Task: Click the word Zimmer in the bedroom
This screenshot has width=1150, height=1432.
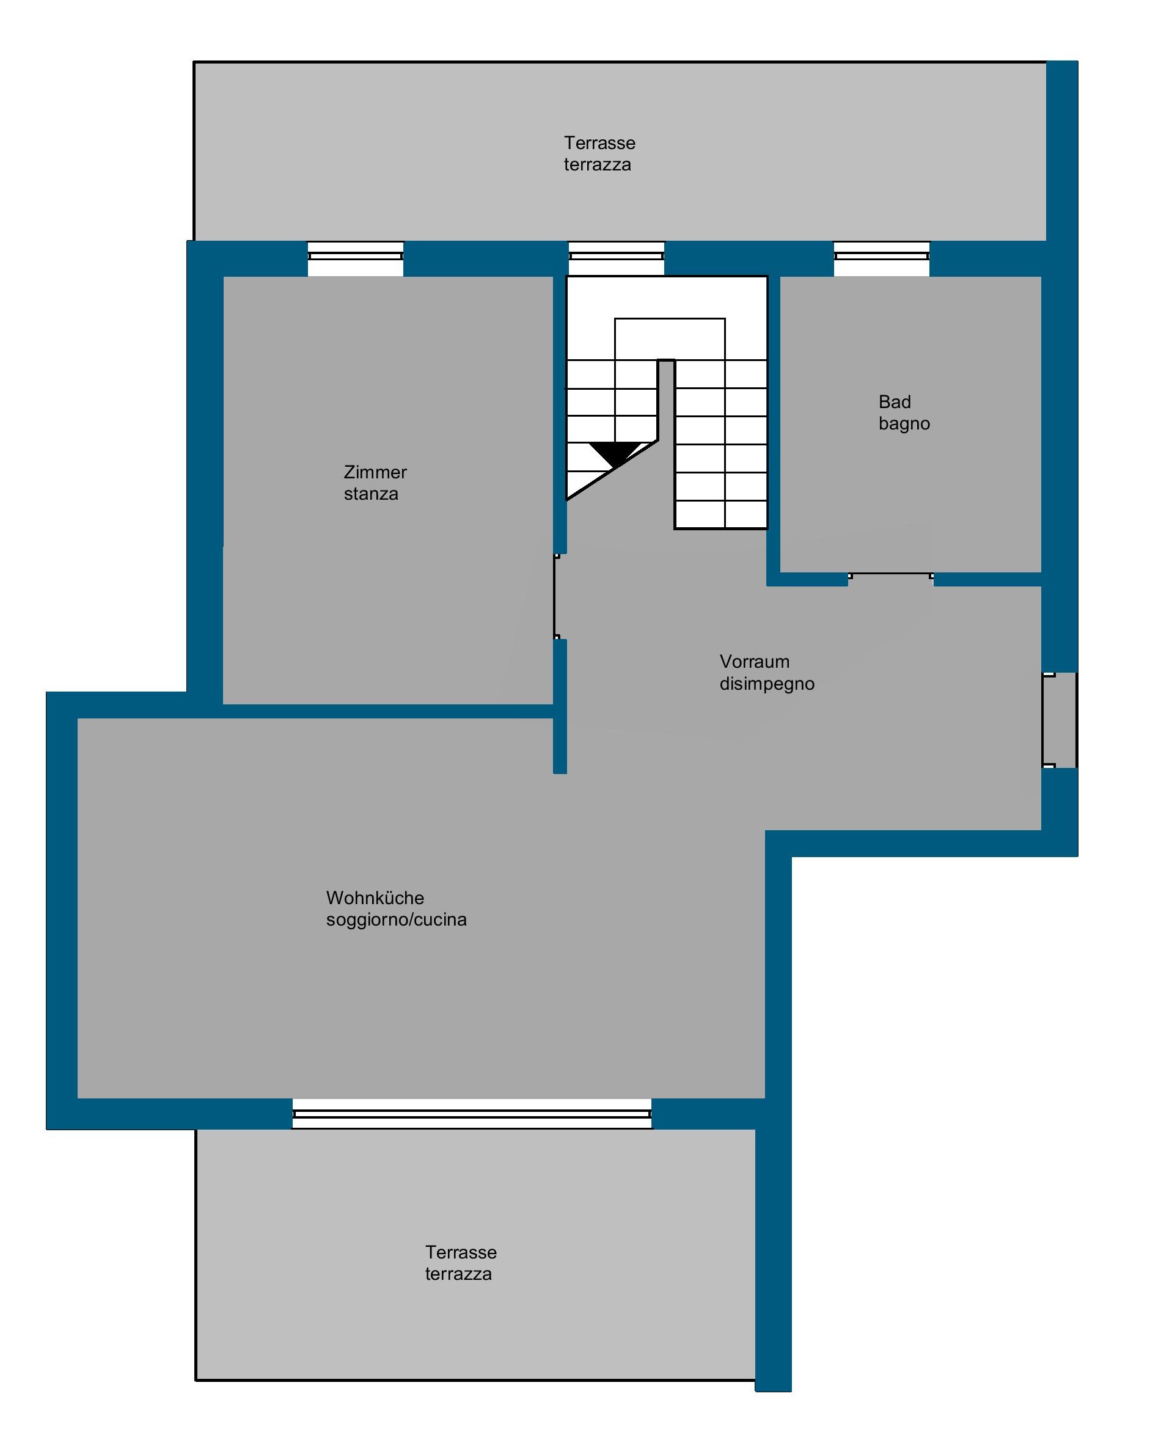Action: pos(375,472)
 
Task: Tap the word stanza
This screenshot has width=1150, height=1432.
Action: pos(371,494)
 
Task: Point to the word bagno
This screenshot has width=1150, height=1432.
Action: pos(904,424)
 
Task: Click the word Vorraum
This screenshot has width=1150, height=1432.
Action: pos(755,662)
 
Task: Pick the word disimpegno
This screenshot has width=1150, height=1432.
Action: pos(767,684)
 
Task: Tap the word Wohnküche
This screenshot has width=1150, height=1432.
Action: pos(375,898)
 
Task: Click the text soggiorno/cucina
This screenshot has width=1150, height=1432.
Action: pos(396,920)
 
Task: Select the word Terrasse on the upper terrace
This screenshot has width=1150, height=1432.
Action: pos(599,143)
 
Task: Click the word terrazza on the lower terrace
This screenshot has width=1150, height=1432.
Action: pos(458,1274)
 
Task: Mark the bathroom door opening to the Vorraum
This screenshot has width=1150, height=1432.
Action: pos(891,577)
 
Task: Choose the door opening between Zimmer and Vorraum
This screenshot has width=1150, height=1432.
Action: pos(557,596)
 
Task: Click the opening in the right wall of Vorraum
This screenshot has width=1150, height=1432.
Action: pos(1059,721)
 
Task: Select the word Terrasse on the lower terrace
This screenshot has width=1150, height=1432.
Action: pos(461,1252)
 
